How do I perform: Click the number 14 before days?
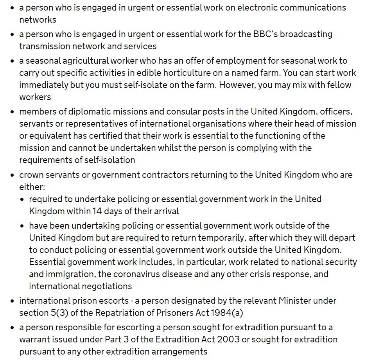(x=97, y=211)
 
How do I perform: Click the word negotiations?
(x=106, y=286)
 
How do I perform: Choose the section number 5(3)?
(x=57, y=313)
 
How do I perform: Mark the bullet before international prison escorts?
(x=13, y=301)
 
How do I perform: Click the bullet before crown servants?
(x=13, y=175)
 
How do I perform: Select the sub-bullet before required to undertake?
(x=22, y=199)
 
